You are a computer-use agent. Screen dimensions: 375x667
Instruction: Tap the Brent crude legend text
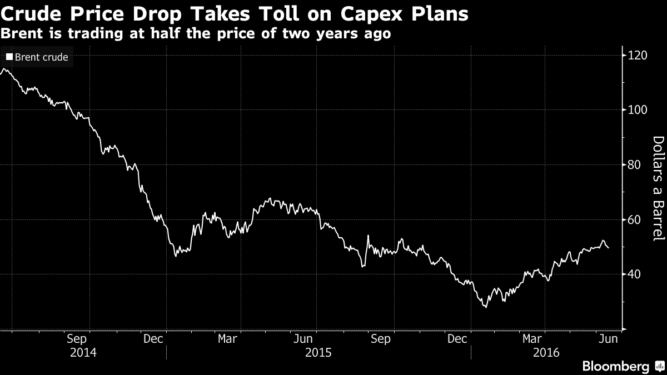41,57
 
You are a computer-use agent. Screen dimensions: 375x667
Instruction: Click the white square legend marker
9,57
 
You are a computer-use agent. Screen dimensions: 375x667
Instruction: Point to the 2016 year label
546,352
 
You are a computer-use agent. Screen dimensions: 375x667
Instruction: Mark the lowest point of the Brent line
485,307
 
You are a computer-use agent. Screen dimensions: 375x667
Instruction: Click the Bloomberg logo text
615,366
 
